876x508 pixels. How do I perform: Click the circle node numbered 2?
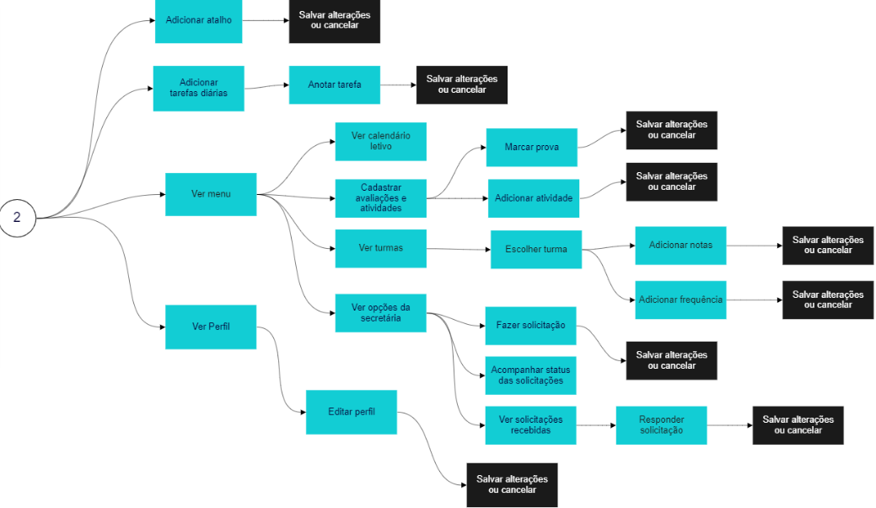click(17, 218)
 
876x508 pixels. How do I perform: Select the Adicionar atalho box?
click(198, 20)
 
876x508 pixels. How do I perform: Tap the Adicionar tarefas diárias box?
click(198, 88)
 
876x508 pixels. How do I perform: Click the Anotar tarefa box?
click(334, 84)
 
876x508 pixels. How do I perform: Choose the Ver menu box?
click(211, 195)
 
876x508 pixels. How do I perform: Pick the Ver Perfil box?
click(211, 327)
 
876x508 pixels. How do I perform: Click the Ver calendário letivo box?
click(380, 141)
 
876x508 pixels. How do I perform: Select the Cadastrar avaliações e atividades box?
click(380, 197)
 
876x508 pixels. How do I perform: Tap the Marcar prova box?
click(531, 148)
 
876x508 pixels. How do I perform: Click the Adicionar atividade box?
click(533, 198)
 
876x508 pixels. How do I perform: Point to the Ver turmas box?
click(380, 248)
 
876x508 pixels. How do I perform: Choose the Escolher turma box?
click(535, 250)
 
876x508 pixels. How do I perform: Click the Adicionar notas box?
click(680, 246)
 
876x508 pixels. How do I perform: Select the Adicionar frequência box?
click(680, 300)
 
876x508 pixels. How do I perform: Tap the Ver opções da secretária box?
click(380, 313)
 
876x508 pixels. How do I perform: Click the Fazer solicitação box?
click(530, 326)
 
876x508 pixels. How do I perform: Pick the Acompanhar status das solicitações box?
click(530, 376)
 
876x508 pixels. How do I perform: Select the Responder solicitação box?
click(661, 425)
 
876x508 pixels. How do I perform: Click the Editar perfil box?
click(351, 412)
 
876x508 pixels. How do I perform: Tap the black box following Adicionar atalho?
click(334, 20)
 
